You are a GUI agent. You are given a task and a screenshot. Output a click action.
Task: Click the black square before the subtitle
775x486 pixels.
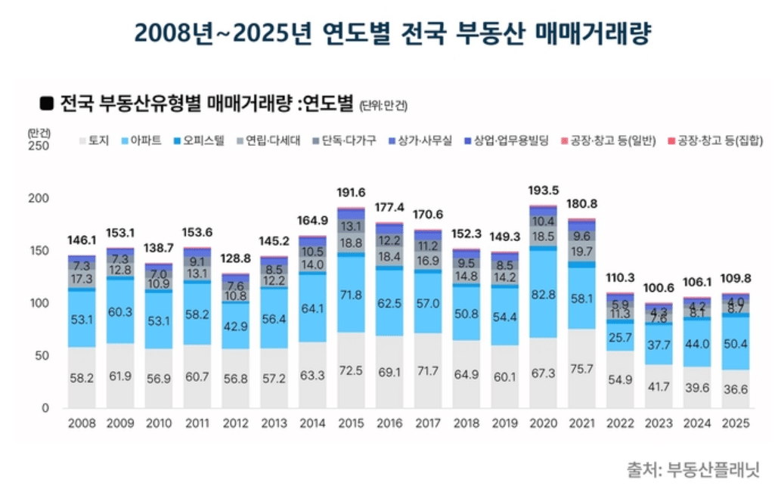[46, 102]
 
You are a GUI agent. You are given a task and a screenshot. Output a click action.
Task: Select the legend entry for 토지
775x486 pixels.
[94, 141]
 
